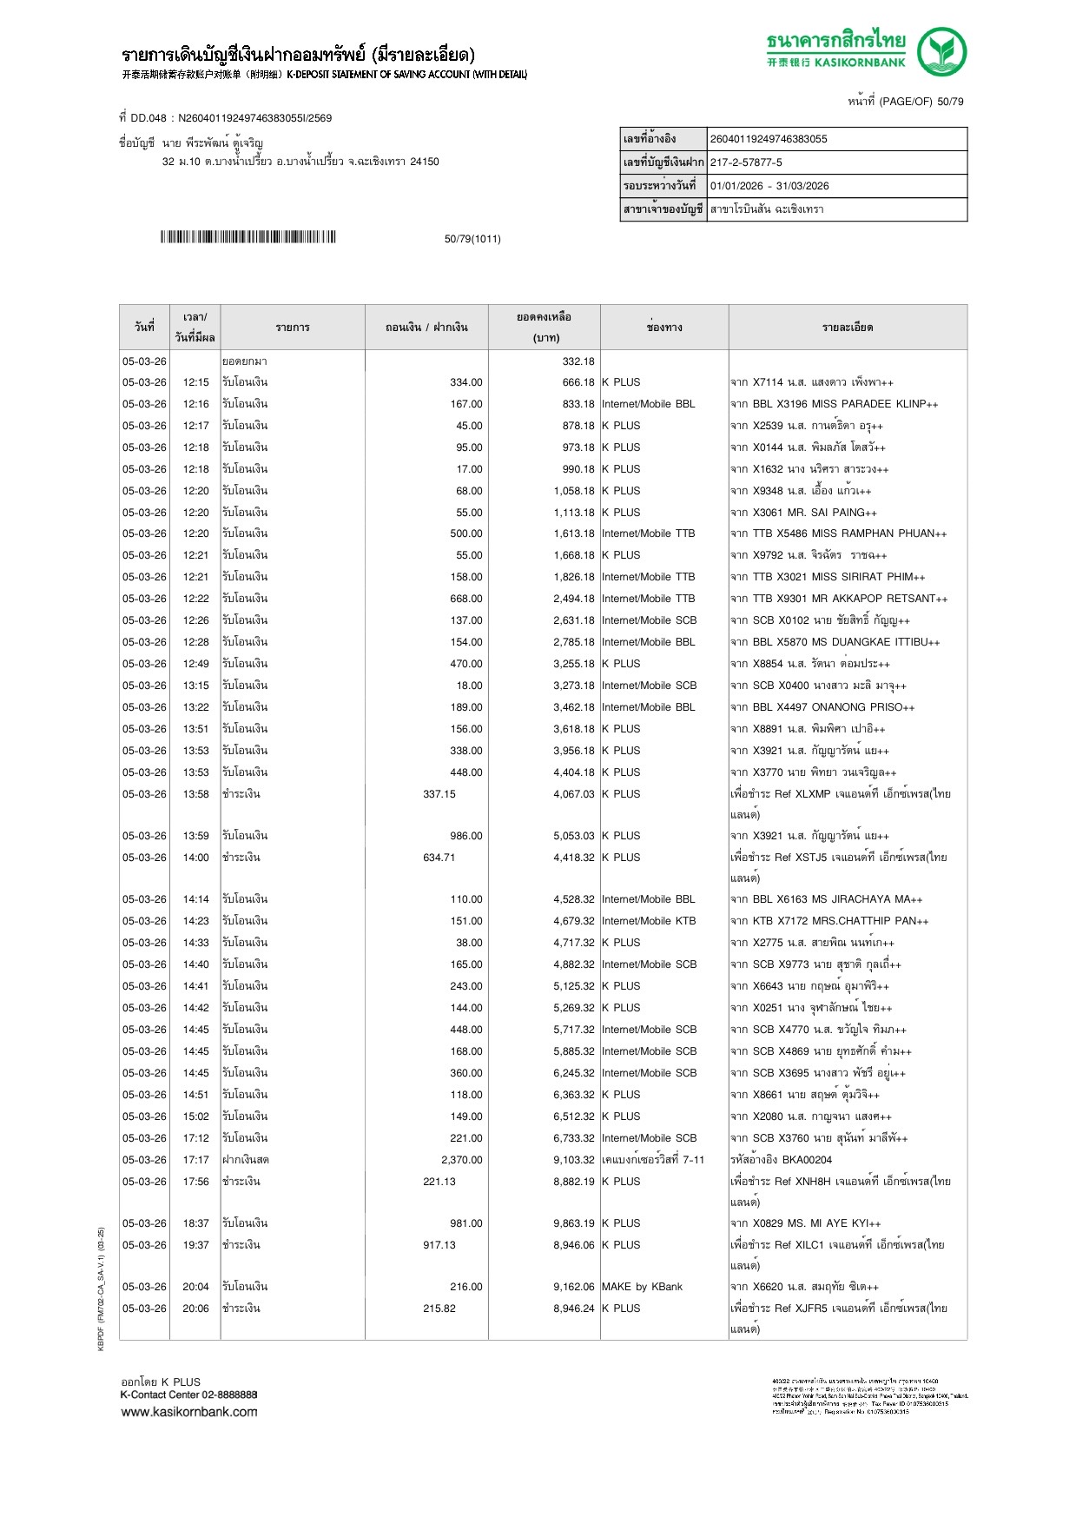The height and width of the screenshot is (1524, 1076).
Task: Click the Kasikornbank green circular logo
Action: [941, 51]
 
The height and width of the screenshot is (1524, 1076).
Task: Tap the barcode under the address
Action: [248, 237]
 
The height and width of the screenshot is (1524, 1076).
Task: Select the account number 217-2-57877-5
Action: [746, 162]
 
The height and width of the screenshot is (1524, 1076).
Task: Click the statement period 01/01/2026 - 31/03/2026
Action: [769, 186]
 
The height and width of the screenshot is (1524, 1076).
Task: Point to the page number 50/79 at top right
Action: [950, 102]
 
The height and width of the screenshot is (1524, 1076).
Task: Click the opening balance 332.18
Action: [578, 361]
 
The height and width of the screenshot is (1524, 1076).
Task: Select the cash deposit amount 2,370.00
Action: [461, 1160]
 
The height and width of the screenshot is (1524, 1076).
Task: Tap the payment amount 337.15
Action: [439, 794]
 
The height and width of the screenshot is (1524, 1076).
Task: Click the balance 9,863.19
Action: [574, 1223]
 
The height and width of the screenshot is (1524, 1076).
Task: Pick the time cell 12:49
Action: [195, 664]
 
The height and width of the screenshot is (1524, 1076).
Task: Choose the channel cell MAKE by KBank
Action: [642, 1287]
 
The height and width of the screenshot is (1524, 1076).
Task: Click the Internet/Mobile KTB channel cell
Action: [649, 921]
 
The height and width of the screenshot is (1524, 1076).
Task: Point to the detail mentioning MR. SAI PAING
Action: [803, 513]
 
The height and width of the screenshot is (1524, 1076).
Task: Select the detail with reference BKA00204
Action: [781, 1160]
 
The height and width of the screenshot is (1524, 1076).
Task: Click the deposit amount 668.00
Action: [465, 599]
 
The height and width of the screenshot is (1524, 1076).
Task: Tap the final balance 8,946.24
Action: [574, 1309]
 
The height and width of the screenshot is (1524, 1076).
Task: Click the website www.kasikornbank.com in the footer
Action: [189, 1412]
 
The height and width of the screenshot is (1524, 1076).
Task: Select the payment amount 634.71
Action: [439, 858]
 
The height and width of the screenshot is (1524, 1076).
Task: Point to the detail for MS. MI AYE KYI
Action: [805, 1223]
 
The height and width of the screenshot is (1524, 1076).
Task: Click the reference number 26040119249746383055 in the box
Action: [769, 139]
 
